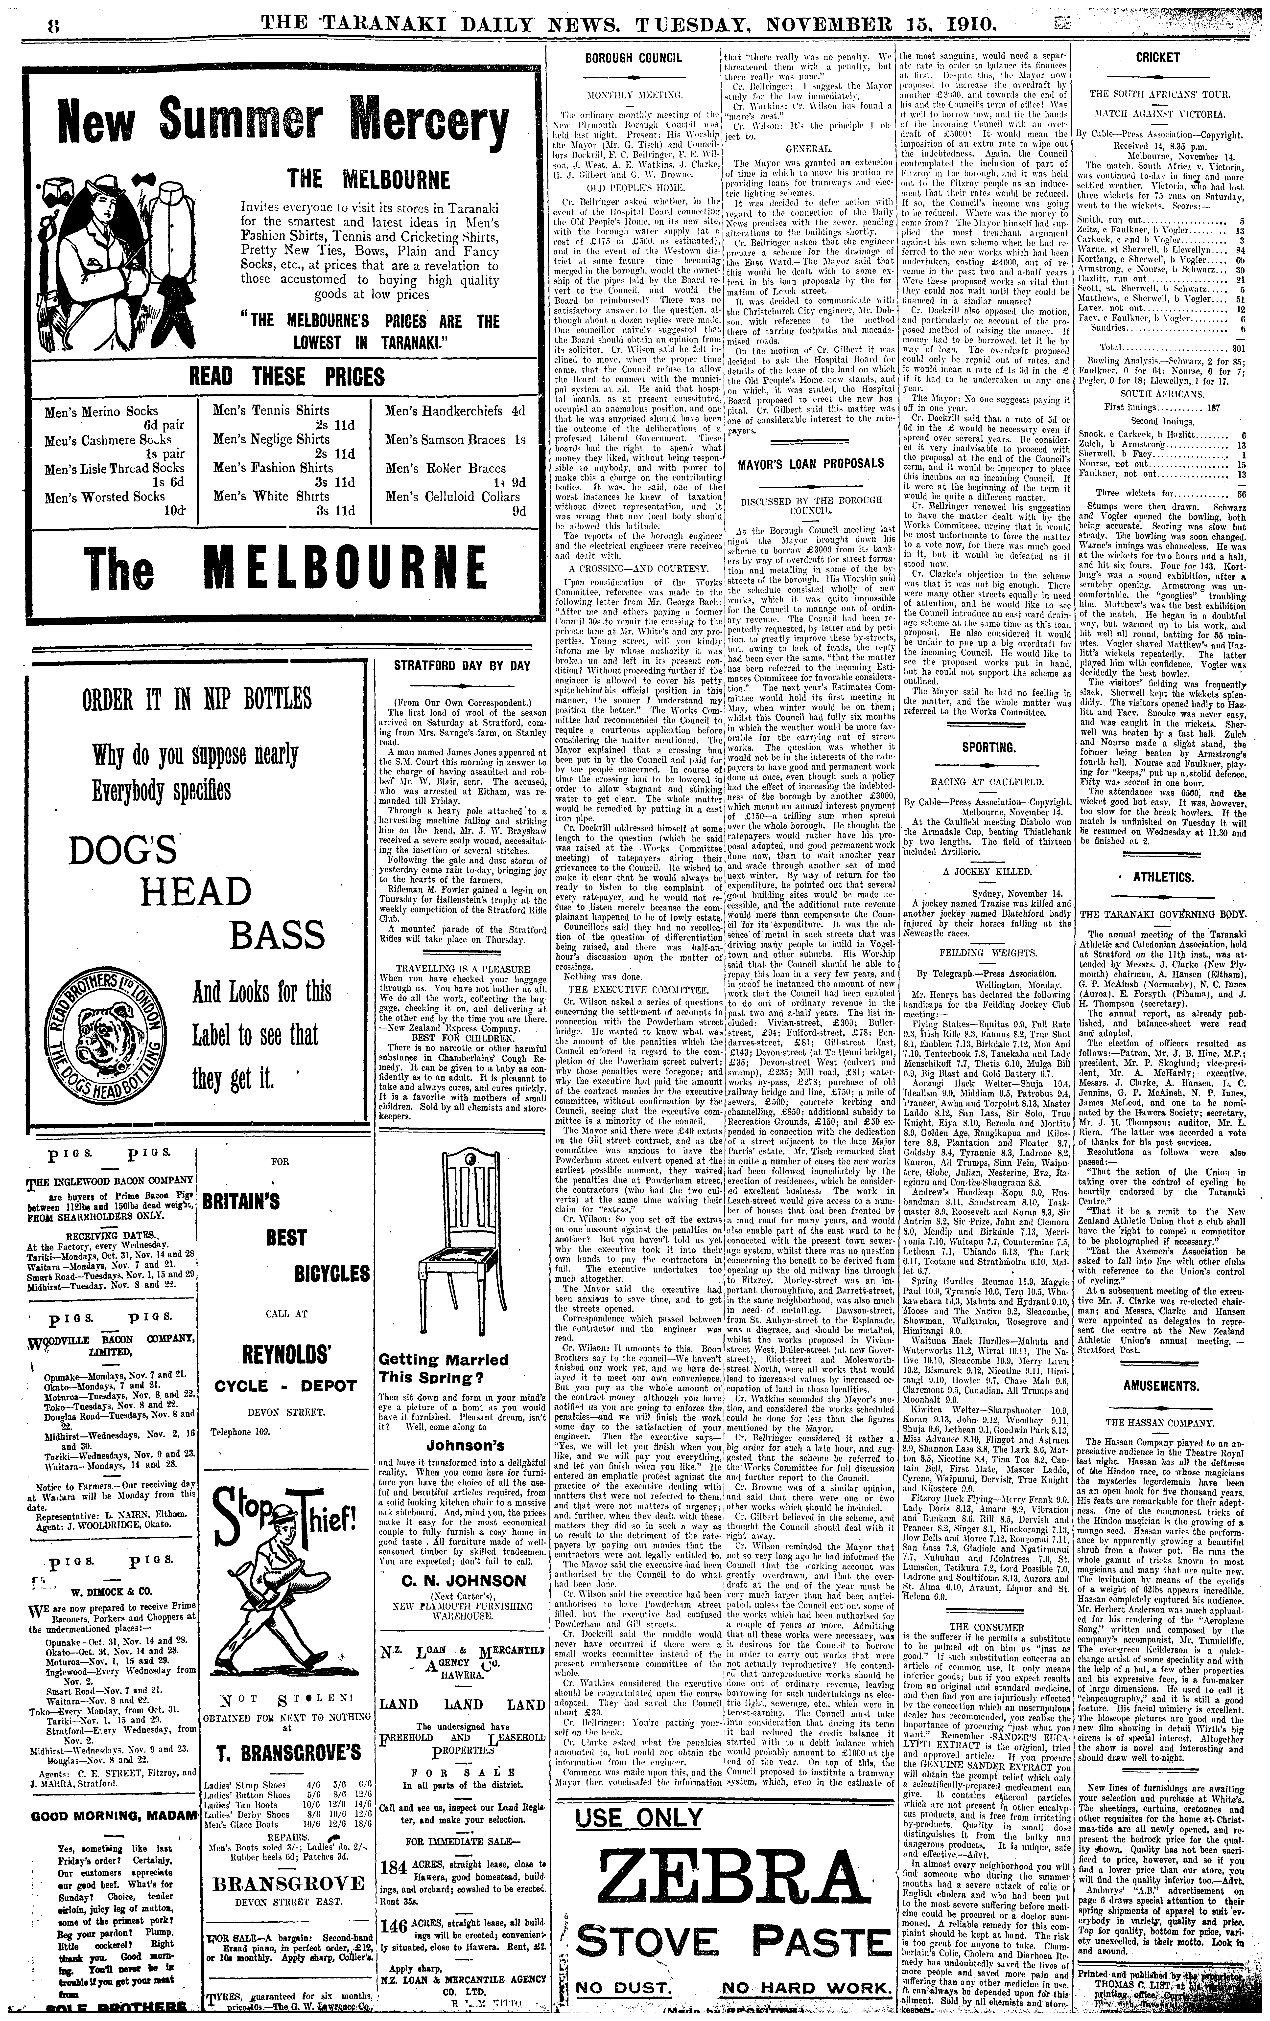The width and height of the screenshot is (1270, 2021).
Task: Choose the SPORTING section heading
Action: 987,746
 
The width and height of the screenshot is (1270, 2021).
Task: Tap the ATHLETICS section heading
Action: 1163,877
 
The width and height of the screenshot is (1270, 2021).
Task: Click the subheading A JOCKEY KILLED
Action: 987,871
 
